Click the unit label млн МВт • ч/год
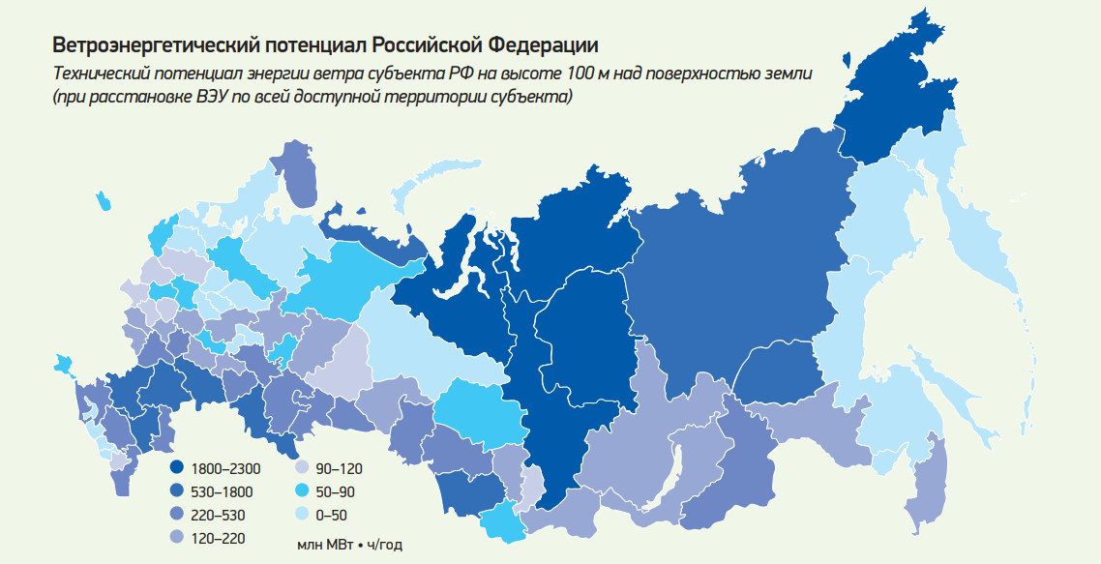click(x=349, y=545)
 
